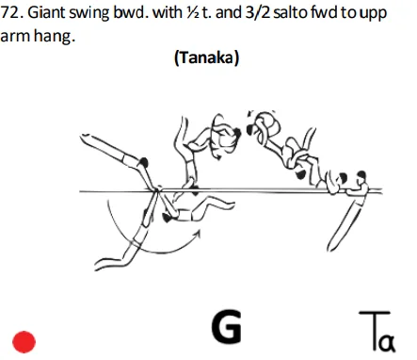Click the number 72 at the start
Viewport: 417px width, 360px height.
[11, 19]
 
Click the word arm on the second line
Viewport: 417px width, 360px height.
[16, 40]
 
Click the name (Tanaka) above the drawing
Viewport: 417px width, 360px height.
[206, 58]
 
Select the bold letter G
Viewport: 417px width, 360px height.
[226, 327]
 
